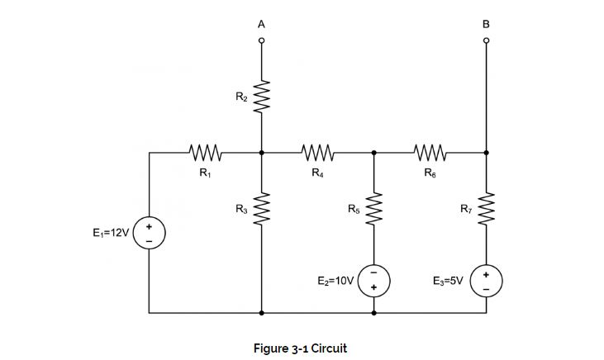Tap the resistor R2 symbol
[262, 99]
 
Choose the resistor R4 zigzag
[318, 153]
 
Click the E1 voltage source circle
[150, 233]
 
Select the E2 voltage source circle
[374, 280]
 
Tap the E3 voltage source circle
[486, 280]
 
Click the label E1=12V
[110, 233]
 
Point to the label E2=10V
[335, 281]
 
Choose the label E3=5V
[449, 281]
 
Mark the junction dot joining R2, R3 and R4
[262, 153]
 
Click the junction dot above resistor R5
[374, 153]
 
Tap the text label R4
[317, 173]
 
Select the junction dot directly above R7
[486, 153]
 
